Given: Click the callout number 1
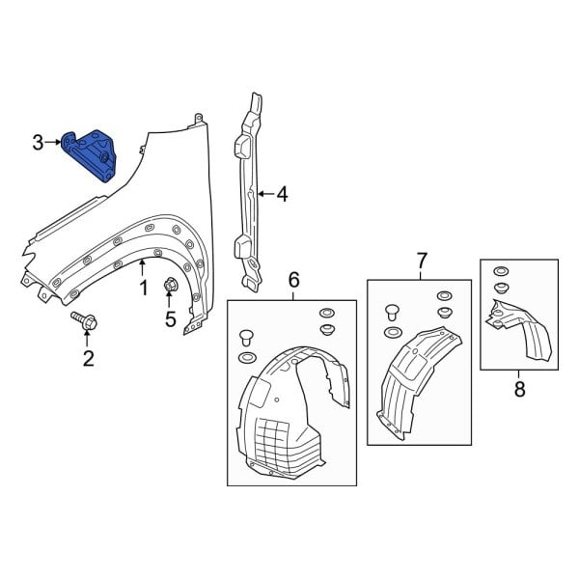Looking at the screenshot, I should tap(143, 288).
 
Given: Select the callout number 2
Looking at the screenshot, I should tap(88, 359).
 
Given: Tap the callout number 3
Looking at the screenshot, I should tap(38, 144).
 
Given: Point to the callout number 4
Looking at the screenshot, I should tap(282, 194).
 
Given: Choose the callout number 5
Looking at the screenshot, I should tap(170, 319).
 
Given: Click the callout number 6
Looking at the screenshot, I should tap(293, 280).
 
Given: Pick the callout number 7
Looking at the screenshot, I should tap(421, 260).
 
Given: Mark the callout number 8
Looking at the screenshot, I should tap(519, 389).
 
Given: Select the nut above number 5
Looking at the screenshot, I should tap(170, 285).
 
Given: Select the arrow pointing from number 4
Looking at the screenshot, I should tap(265, 194).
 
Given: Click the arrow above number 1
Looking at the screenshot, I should tap(143, 267).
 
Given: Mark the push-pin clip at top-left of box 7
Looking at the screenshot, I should tap(392, 312).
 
